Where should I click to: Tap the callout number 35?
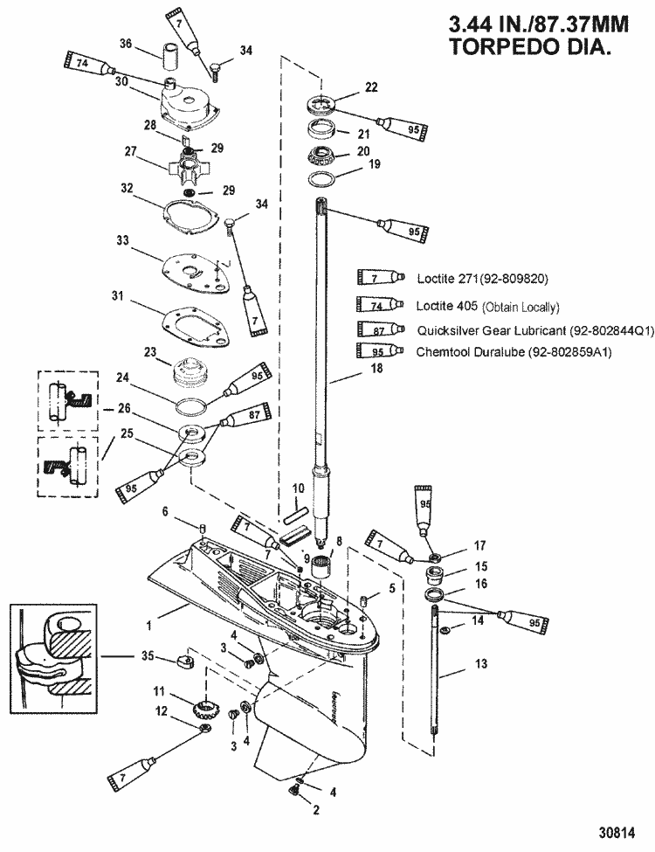[x=148, y=655]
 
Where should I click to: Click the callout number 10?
[x=297, y=488]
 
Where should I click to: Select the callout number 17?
[x=479, y=545]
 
